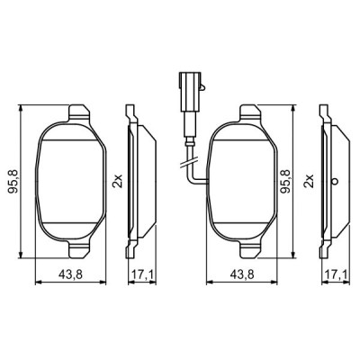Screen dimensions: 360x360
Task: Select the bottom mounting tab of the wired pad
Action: coord(247,247)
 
